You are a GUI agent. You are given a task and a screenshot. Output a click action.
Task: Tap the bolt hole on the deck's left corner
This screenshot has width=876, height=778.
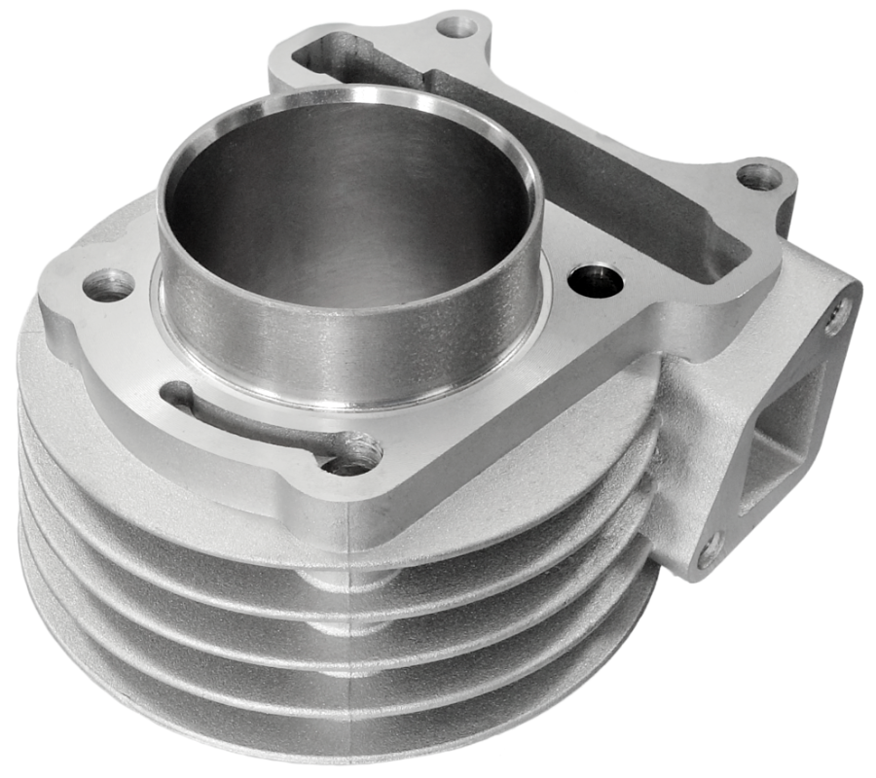(108, 285)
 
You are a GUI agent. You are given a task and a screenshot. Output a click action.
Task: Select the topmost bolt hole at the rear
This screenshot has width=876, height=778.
(456, 26)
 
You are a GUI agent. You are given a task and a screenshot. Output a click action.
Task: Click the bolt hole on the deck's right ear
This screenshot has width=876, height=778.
(758, 176)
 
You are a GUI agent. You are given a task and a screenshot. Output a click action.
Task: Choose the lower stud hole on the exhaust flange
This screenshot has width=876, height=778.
(709, 550)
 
